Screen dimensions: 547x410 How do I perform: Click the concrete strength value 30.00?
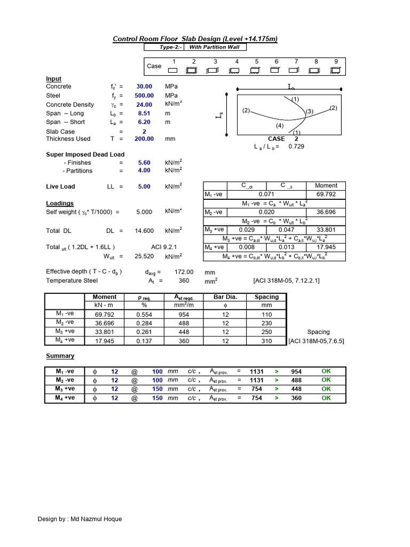pyautogui.click(x=144, y=87)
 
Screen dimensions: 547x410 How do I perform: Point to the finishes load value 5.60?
pyautogui.click(x=144, y=162)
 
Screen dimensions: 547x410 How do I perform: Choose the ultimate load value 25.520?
pyautogui.click(x=144, y=256)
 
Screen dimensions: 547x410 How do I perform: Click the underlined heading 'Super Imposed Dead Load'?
pyautogui.click(x=85, y=154)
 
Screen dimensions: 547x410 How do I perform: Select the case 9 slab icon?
pyautogui.click(x=335, y=70)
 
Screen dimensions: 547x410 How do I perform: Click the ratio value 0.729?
pyautogui.click(x=296, y=146)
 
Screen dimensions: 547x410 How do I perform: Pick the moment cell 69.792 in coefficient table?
pyautogui.click(x=326, y=194)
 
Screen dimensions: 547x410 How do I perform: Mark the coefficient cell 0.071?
pyautogui.click(x=266, y=194)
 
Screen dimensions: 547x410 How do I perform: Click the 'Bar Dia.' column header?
pyautogui.click(x=225, y=297)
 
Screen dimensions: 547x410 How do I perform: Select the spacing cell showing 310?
pyautogui.click(x=266, y=340)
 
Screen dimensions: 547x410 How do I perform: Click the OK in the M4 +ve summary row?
pyautogui.click(x=326, y=398)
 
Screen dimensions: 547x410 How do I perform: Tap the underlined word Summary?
pyautogui.click(x=60, y=356)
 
